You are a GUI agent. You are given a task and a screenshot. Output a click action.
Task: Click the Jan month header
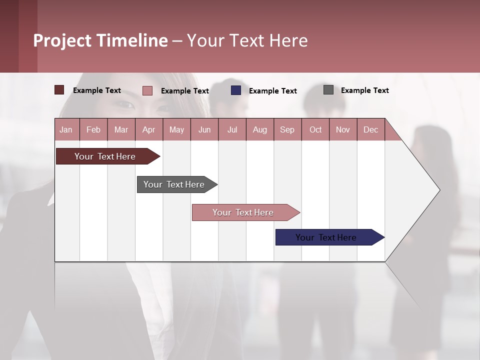tap(66, 129)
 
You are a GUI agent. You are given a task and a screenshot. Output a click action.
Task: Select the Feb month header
tap(93, 129)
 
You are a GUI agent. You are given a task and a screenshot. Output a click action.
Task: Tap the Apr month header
tap(148, 129)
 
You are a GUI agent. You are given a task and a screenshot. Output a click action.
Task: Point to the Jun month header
tap(204, 129)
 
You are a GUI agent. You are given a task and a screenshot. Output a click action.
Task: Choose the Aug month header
tap(259, 129)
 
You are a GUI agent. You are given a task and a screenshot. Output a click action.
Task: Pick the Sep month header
tap(287, 129)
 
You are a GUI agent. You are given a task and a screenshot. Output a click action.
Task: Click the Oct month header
tap(315, 129)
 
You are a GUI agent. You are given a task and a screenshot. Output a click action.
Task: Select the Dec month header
tap(370, 129)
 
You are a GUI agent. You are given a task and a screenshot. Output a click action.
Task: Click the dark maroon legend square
tap(59, 90)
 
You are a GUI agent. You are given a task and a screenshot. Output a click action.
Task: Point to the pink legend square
tap(147, 90)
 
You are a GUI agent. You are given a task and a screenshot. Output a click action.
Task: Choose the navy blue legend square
tap(236, 90)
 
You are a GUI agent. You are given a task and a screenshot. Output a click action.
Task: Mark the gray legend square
tap(328, 90)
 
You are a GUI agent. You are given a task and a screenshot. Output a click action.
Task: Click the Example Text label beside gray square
tap(364, 90)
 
